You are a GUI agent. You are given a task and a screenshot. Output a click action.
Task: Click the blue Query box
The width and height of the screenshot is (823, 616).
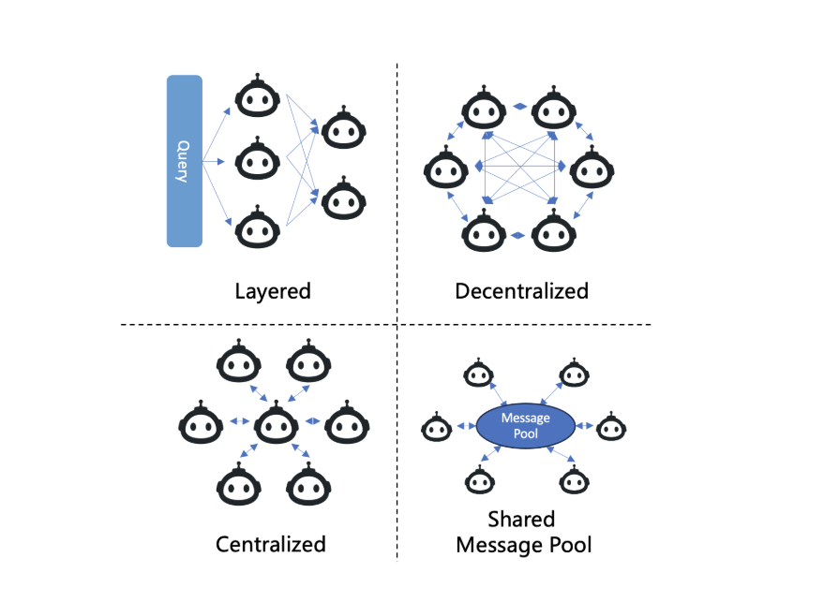click(184, 161)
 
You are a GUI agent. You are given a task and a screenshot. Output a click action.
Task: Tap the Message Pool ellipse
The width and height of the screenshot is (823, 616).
click(526, 426)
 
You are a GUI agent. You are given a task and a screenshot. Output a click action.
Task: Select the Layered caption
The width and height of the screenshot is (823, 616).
click(273, 291)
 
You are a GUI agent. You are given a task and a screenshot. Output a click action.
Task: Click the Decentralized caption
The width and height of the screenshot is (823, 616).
click(521, 291)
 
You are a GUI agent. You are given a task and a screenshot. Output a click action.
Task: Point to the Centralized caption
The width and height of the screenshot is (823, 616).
click(271, 544)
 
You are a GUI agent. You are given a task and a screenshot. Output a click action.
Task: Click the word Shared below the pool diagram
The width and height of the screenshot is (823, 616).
click(521, 520)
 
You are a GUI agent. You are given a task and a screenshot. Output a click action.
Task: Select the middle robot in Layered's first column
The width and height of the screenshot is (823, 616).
click(257, 161)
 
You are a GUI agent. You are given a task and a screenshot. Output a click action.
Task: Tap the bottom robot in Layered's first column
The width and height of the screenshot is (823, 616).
click(257, 227)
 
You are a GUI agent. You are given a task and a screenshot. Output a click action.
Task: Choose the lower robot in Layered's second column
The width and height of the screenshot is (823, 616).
click(343, 198)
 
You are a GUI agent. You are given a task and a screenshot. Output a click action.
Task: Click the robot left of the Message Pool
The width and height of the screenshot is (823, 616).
click(435, 428)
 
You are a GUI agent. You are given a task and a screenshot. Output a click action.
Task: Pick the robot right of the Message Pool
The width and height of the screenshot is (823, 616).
click(611, 428)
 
